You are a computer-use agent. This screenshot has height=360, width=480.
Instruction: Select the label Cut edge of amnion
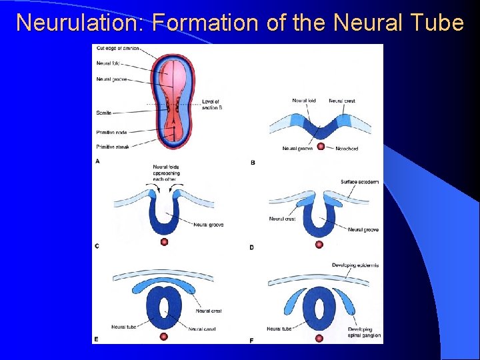coord(117,48)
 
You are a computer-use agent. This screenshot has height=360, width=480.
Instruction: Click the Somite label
coord(103,113)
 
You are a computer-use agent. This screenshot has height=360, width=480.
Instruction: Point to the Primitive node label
coord(111,132)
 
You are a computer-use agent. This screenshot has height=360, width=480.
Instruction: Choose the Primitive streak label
coord(112,145)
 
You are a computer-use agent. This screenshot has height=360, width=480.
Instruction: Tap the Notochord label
coord(347,149)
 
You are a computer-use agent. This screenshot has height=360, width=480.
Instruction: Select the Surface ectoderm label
coord(359,182)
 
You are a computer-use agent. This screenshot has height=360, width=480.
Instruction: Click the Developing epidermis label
coord(355,265)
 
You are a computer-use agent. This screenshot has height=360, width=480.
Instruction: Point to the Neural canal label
coord(201,329)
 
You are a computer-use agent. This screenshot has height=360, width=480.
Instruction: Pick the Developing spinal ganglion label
coord(365,332)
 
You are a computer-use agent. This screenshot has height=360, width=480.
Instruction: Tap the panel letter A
coord(98,161)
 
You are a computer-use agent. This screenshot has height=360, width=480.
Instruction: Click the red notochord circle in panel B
coord(321,146)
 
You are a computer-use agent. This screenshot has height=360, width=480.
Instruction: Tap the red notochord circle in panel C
coord(164,241)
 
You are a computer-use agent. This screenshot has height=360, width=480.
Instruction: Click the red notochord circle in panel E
coord(164,337)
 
